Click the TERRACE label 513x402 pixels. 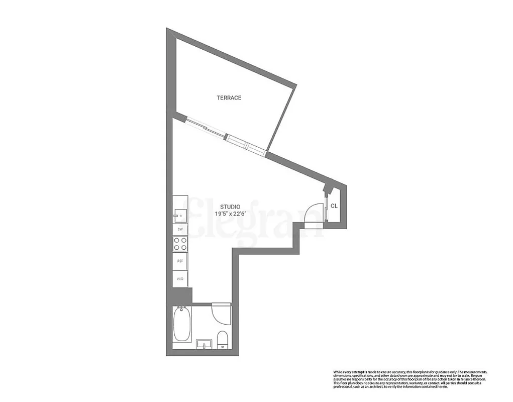[x=229, y=98]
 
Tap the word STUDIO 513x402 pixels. [x=230, y=207]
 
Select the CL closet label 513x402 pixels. [x=334, y=206]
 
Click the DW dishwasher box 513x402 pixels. [x=180, y=229]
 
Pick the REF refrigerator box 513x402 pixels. [x=180, y=261]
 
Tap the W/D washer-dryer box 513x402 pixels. [x=180, y=278]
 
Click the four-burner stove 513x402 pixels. [x=180, y=244]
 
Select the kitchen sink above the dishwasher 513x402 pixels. [x=180, y=216]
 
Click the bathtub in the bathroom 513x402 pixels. [x=181, y=324]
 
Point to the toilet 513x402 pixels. [x=222, y=339]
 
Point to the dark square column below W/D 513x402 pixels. [x=181, y=295]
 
